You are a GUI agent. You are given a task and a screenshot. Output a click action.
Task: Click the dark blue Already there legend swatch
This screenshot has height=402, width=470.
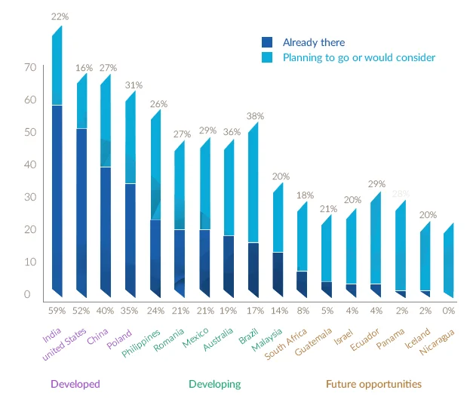click(x=267, y=43)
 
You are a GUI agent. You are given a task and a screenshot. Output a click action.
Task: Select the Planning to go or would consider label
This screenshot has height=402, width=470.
click(x=359, y=57)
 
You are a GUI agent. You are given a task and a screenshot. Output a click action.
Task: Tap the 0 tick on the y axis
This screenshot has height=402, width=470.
click(x=26, y=294)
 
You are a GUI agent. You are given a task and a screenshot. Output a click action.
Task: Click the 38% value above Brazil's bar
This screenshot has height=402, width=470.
click(x=254, y=116)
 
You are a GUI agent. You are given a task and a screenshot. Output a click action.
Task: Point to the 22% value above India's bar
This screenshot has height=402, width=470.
click(x=58, y=17)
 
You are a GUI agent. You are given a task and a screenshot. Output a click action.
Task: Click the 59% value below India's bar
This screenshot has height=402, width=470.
click(x=57, y=310)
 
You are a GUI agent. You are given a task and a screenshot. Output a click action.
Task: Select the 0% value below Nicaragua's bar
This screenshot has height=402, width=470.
click(x=448, y=310)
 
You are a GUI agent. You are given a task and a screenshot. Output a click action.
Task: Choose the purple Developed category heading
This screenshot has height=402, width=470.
click(x=75, y=384)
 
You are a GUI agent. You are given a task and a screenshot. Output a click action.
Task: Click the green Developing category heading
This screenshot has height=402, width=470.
click(x=215, y=384)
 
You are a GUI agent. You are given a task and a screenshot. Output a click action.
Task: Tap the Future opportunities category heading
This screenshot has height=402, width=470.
click(x=373, y=384)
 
